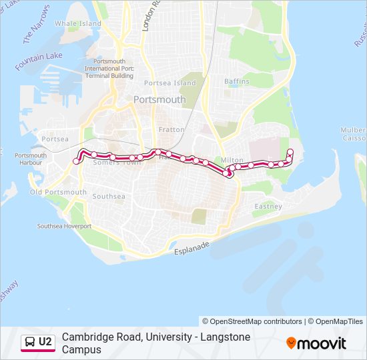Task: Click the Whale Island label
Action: (78, 23)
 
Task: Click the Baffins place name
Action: (237, 81)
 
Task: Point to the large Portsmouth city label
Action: (159, 99)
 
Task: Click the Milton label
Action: (232, 160)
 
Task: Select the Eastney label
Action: (268, 207)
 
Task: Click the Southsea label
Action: (109, 197)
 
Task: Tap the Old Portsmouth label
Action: (59, 192)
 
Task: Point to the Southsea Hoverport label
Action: (64, 226)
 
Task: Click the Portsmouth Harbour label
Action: (31, 159)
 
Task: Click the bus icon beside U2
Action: (30, 342)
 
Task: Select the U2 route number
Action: (45, 342)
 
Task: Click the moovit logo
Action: (316, 343)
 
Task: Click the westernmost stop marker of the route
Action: (75, 160)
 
